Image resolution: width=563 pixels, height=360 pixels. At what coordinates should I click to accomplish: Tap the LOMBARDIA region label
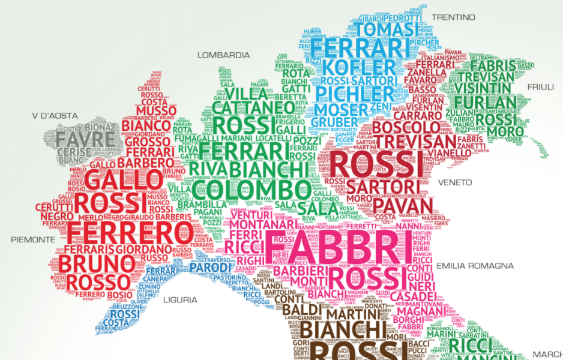pyautogui.click(x=224, y=55)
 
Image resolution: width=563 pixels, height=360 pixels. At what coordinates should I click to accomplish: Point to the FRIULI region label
pyautogui.click(x=540, y=87)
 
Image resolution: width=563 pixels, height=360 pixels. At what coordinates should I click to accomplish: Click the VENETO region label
pyautogui.click(x=455, y=182)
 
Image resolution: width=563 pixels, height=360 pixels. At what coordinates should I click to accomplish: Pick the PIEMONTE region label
pyautogui.click(x=32, y=239)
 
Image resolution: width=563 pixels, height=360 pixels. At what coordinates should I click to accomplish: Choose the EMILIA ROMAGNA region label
pyautogui.click(x=475, y=265)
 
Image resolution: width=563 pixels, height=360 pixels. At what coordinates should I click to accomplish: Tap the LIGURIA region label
pyautogui.click(x=180, y=299)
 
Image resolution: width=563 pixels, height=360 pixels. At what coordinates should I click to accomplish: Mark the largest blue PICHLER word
pyautogui.click(x=355, y=94)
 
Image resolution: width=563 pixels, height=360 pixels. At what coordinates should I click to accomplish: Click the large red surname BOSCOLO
pyautogui.click(x=406, y=128)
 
